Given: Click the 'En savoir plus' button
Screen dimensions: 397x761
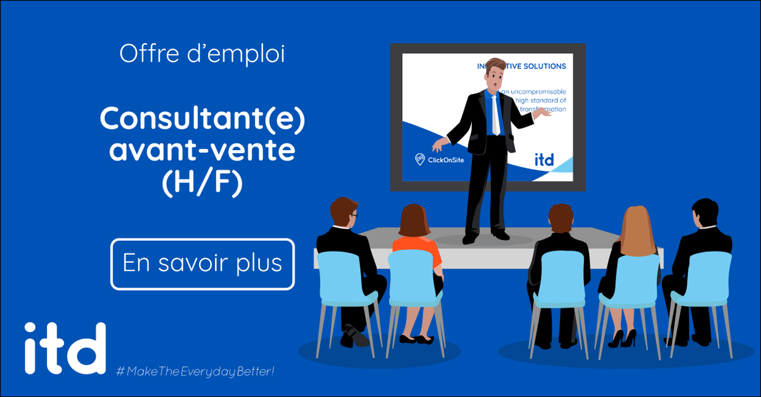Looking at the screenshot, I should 202,263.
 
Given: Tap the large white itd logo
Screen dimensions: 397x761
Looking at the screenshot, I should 65,349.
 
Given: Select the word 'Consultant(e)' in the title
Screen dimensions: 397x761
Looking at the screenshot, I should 202,119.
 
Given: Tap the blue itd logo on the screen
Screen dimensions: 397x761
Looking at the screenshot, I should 543,160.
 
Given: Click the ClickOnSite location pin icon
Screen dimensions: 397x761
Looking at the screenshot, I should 419,160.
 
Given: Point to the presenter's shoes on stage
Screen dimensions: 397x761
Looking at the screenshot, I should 486,237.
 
